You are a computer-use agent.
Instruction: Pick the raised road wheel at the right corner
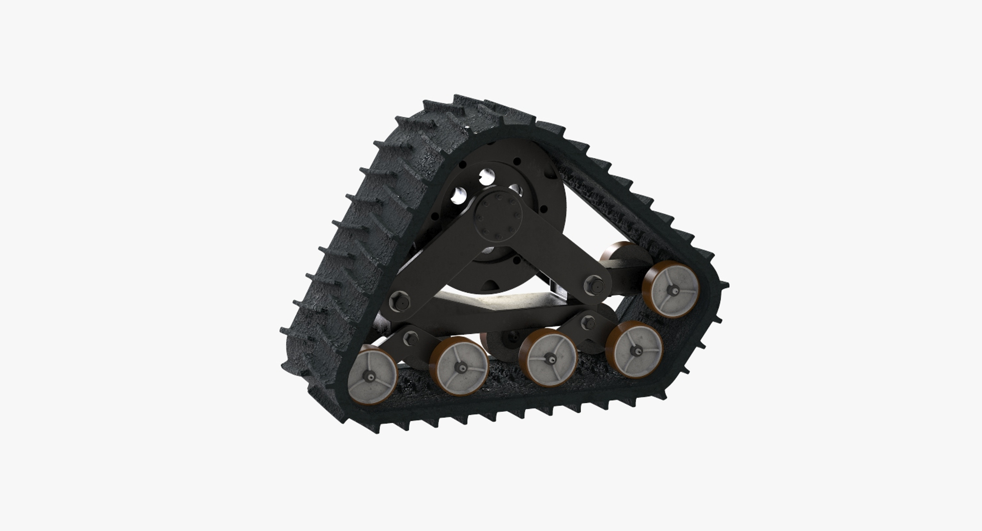click(x=672, y=288)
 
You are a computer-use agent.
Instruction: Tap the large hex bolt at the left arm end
click(x=399, y=302)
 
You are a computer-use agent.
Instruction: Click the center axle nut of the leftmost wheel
click(x=369, y=377)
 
